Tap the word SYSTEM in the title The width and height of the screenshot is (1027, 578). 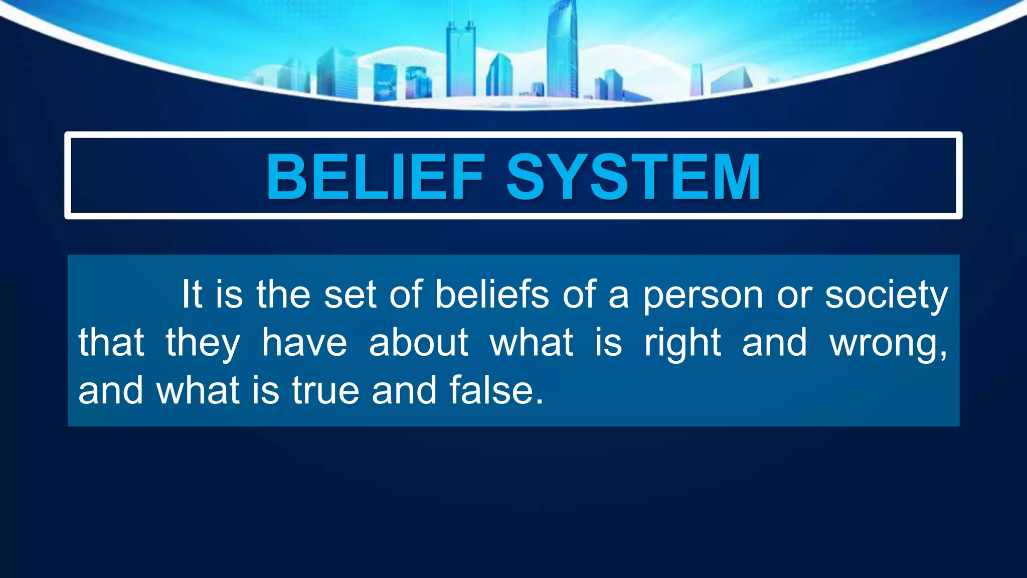(x=633, y=177)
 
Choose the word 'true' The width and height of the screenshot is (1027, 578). (x=326, y=390)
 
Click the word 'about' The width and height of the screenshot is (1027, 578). (x=419, y=343)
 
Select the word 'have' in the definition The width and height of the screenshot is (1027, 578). (x=304, y=343)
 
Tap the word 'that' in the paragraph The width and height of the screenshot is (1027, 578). (x=111, y=343)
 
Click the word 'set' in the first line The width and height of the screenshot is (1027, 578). (x=350, y=295)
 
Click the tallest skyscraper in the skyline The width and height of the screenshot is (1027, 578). (x=562, y=50)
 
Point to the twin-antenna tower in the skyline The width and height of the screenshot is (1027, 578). (x=460, y=60)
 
